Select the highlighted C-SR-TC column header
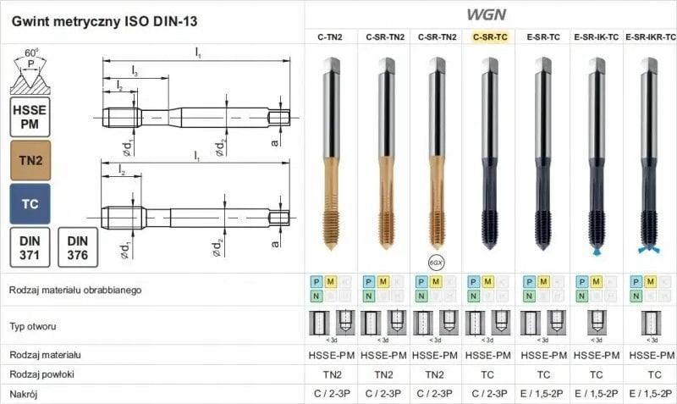tap(489, 37)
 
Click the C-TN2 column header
tap(329, 37)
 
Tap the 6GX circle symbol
tap(436, 262)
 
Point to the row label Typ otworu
tap(35, 326)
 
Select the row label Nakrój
tap(25, 394)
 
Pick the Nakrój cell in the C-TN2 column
tap(330, 394)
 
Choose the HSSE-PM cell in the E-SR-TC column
tap(542, 355)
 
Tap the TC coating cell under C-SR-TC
tap(489, 374)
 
